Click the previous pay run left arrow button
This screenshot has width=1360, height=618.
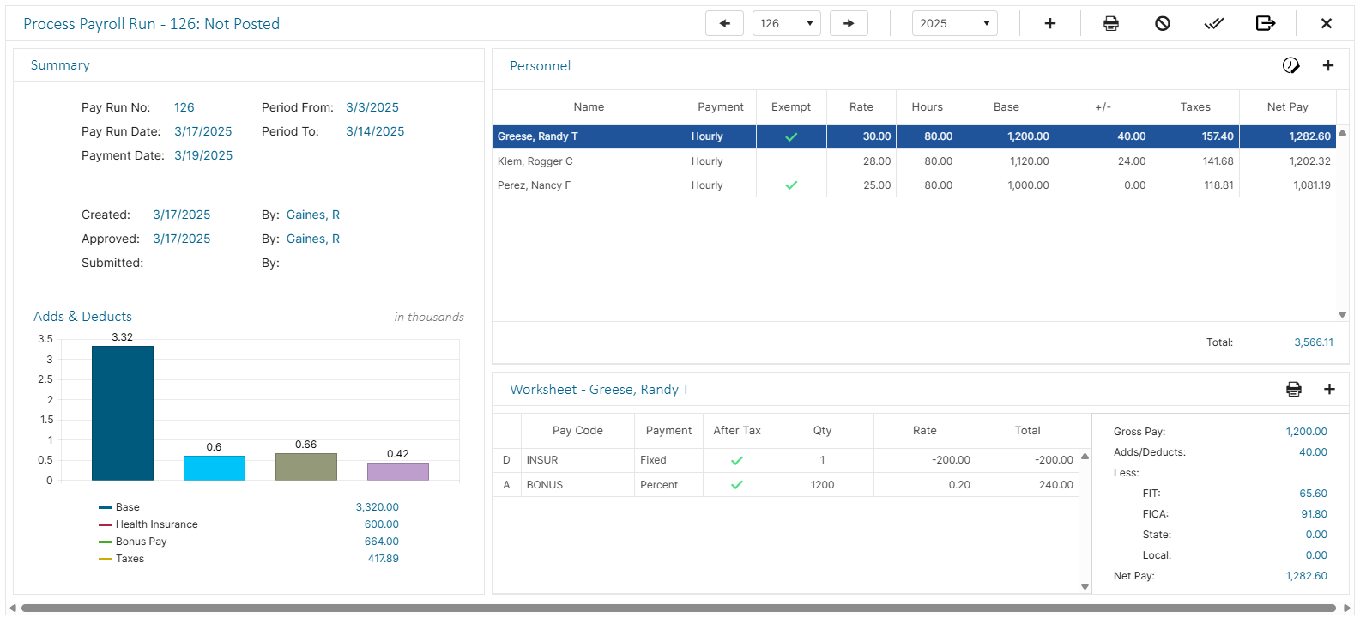724,23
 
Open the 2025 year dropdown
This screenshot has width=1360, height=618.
954,23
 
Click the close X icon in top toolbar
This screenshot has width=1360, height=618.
1326,23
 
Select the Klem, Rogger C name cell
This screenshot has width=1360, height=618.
535,161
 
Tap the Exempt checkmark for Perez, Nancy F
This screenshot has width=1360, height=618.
791,185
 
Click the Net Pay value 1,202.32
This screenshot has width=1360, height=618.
1309,161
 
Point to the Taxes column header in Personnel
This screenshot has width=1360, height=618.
1194,107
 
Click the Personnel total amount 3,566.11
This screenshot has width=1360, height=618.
1313,342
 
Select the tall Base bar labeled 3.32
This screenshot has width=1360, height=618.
123,412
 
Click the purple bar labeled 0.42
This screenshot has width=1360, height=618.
397,471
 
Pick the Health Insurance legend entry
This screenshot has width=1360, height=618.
156,524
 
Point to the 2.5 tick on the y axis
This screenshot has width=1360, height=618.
45,379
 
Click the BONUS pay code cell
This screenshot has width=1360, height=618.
545,485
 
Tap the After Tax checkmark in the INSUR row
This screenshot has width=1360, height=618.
736,460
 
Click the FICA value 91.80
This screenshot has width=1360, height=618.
1313,514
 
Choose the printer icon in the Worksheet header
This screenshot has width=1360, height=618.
1293,390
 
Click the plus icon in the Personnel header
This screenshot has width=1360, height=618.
1327,66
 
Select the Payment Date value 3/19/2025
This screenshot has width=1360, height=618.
203,155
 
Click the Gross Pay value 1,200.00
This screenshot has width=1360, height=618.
1306,432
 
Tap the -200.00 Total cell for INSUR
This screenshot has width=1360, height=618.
1054,460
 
